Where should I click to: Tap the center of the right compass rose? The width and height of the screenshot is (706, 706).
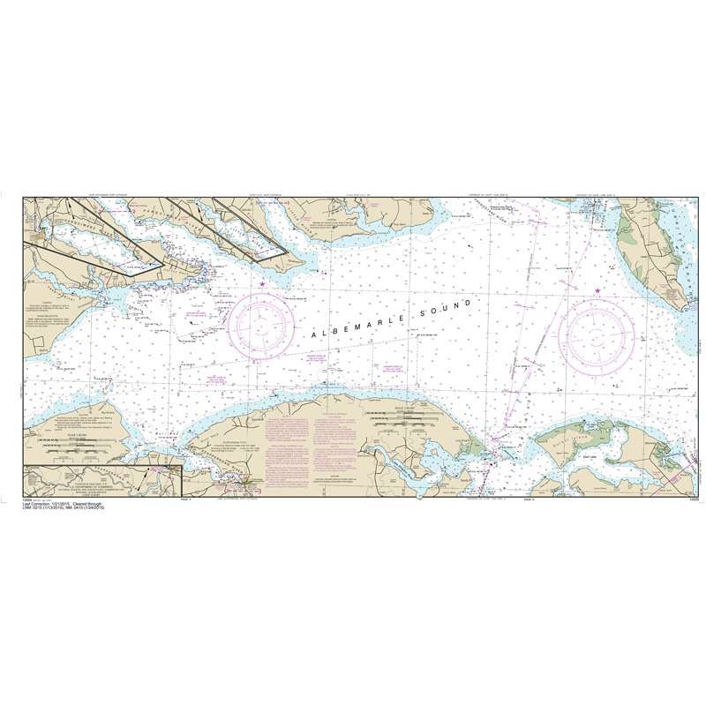[x=597, y=333]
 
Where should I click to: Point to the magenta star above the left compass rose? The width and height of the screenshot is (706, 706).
[x=262, y=283]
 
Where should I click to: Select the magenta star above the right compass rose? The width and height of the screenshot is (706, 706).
[x=597, y=291]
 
